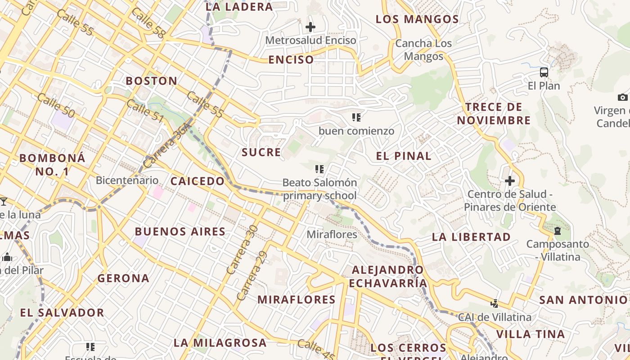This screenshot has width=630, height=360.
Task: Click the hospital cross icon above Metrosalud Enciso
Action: point(310,27)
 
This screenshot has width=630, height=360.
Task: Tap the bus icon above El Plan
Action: point(544,72)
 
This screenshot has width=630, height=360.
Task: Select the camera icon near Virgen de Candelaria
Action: point(623,97)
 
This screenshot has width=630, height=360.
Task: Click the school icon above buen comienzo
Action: point(356,118)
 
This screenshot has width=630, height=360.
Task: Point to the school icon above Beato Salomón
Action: point(319,170)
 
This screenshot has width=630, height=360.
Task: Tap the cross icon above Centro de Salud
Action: point(510,181)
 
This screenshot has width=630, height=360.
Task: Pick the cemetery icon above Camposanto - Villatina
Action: point(558,231)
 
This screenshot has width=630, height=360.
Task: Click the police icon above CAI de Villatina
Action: point(495,303)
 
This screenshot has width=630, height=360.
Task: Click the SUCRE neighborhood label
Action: point(261,152)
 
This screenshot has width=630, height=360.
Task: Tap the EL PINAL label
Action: point(404,156)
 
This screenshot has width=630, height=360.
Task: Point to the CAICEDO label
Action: point(197,181)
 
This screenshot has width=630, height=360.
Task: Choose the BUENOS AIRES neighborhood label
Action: point(180,232)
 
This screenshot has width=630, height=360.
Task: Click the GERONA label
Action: point(123,278)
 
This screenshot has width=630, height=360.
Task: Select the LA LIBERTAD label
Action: point(471,237)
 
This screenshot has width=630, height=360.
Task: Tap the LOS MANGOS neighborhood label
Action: point(417,19)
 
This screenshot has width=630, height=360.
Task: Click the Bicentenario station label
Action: point(127,180)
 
